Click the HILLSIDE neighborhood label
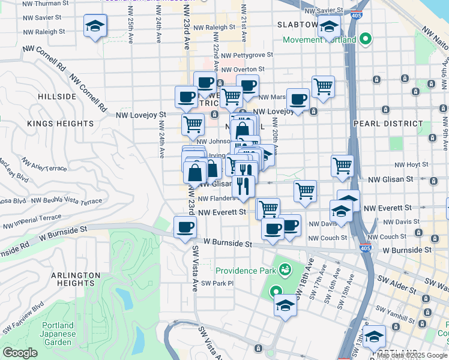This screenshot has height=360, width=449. [x=57, y=96]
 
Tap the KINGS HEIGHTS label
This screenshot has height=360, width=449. [x=60, y=123]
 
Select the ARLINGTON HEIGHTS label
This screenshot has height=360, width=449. [x=75, y=280]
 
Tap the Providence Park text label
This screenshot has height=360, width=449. [x=245, y=271]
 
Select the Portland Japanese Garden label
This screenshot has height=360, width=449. [x=58, y=334]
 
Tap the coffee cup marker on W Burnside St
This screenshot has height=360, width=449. [x=185, y=227]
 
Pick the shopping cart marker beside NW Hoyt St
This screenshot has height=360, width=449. [x=342, y=165]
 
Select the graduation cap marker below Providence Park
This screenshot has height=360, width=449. [x=285, y=305]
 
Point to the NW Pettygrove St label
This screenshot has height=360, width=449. [x=247, y=55]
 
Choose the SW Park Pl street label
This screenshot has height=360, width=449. [x=217, y=283]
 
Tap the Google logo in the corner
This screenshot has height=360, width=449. [x=20, y=353]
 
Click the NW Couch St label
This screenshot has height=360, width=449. [x=327, y=238]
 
